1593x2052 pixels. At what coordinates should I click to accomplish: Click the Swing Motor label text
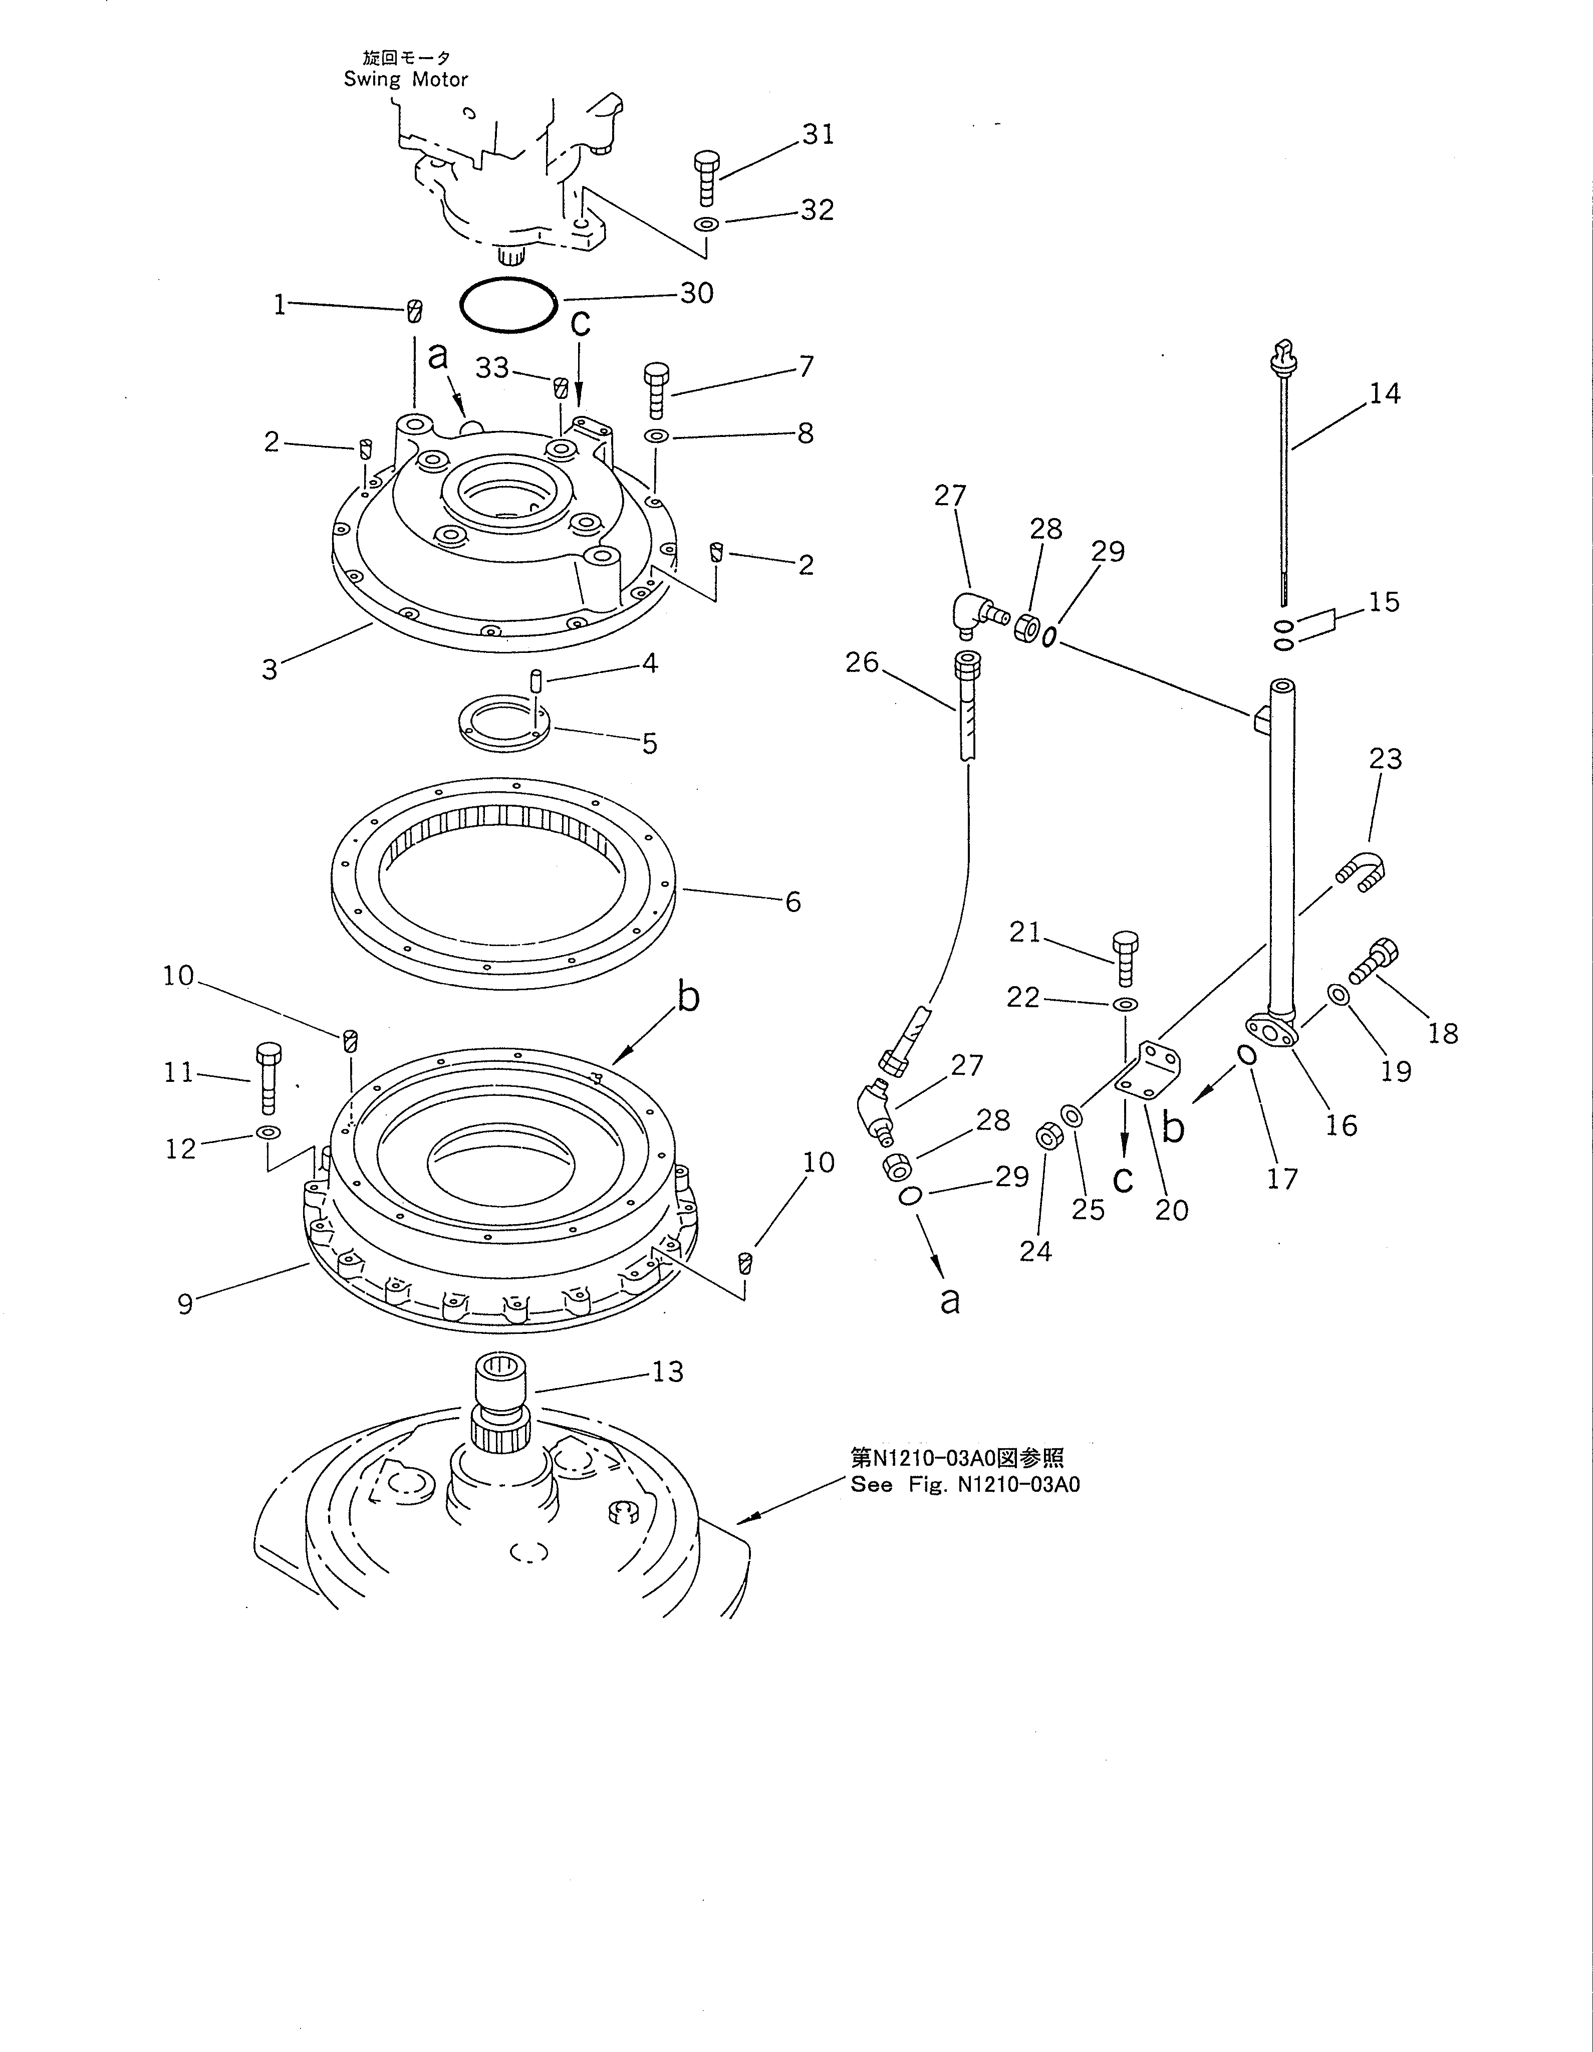(406, 80)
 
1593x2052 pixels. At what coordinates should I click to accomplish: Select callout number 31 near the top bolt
(818, 135)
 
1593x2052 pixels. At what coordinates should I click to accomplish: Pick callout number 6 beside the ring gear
(792, 902)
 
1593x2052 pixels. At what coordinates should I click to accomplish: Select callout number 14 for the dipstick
(1385, 394)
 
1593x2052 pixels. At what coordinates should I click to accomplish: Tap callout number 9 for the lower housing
(185, 1304)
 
